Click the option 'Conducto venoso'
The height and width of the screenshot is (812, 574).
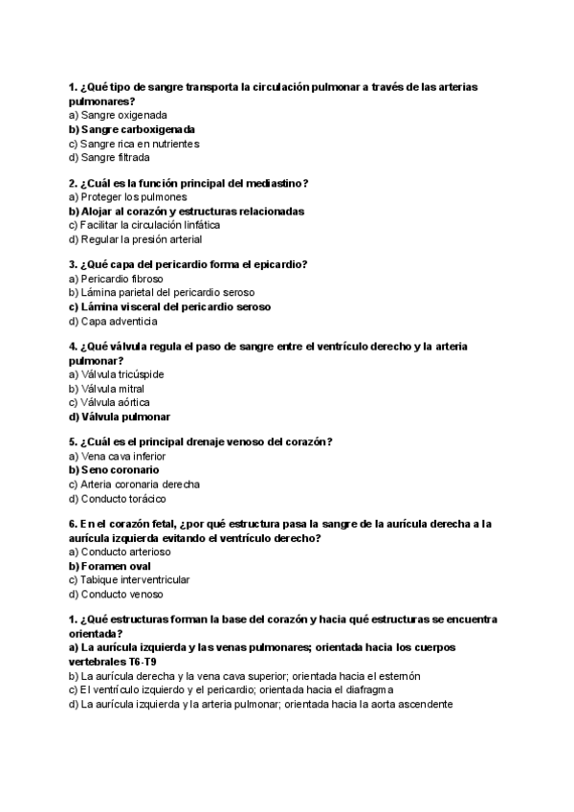tap(121, 595)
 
